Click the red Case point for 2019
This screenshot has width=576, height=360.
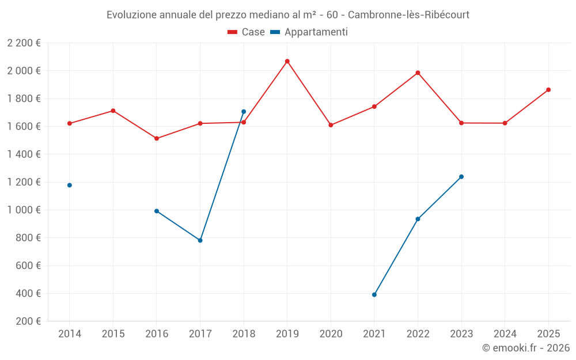pyautogui.click(x=287, y=62)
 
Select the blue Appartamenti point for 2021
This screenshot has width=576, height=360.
pyautogui.click(x=374, y=294)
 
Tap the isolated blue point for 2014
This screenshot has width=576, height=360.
pyautogui.click(x=70, y=185)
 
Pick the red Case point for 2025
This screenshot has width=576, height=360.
pyautogui.click(x=548, y=90)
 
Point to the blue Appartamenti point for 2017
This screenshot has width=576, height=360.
pyautogui.click(x=200, y=240)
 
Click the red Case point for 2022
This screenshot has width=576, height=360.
pyautogui.click(x=418, y=73)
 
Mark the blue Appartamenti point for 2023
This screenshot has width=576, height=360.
pyautogui.click(x=461, y=177)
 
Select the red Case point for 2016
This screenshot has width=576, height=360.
pyautogui.click(x=157, y=138)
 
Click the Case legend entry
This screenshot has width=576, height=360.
pyautogui.click(x=246, y=32)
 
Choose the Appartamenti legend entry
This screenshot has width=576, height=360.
pyautogui.click(x=309, y=32)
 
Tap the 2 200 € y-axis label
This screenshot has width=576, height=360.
pyautogui.click(x=24, y=43)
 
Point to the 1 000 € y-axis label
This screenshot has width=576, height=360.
pyautogui.click(x=24, y=210)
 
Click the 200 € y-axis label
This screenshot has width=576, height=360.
pyautogui.click(x=28, y=321)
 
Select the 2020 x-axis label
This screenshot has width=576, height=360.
pyautogui.click(x=331, y=334)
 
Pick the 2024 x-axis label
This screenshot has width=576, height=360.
pyautogui.click(x=505, y=334)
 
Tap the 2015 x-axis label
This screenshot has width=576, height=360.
pyautogui.click(x=113, y=334)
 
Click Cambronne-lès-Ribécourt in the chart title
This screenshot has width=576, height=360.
pyautogui.click(x=408, y=15)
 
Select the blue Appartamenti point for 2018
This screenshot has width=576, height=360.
pyautogui.click(x=244, y=112)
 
